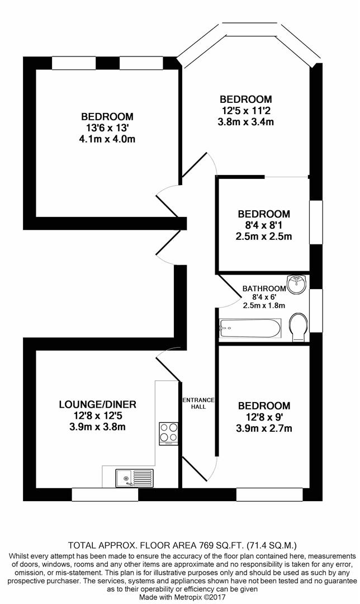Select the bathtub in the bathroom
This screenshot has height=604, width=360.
[250, 328]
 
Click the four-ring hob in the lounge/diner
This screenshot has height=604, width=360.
[169, 432]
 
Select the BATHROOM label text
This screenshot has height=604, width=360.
[264, 289]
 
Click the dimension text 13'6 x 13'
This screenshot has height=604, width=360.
[107, 128]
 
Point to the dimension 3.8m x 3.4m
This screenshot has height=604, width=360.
[246, 121]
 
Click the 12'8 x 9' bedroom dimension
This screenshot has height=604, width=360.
[264, 417]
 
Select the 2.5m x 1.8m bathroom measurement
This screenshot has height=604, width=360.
[264, 305]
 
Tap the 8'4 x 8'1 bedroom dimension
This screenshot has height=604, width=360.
[264, 225]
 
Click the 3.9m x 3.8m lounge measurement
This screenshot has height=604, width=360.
[97, 427]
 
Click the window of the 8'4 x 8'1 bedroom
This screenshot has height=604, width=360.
[316, 222]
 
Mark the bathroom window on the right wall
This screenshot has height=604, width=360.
[316, 310]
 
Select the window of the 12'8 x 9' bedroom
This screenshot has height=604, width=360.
[269, 494]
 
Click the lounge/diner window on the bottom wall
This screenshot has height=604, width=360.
[105, 494]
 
